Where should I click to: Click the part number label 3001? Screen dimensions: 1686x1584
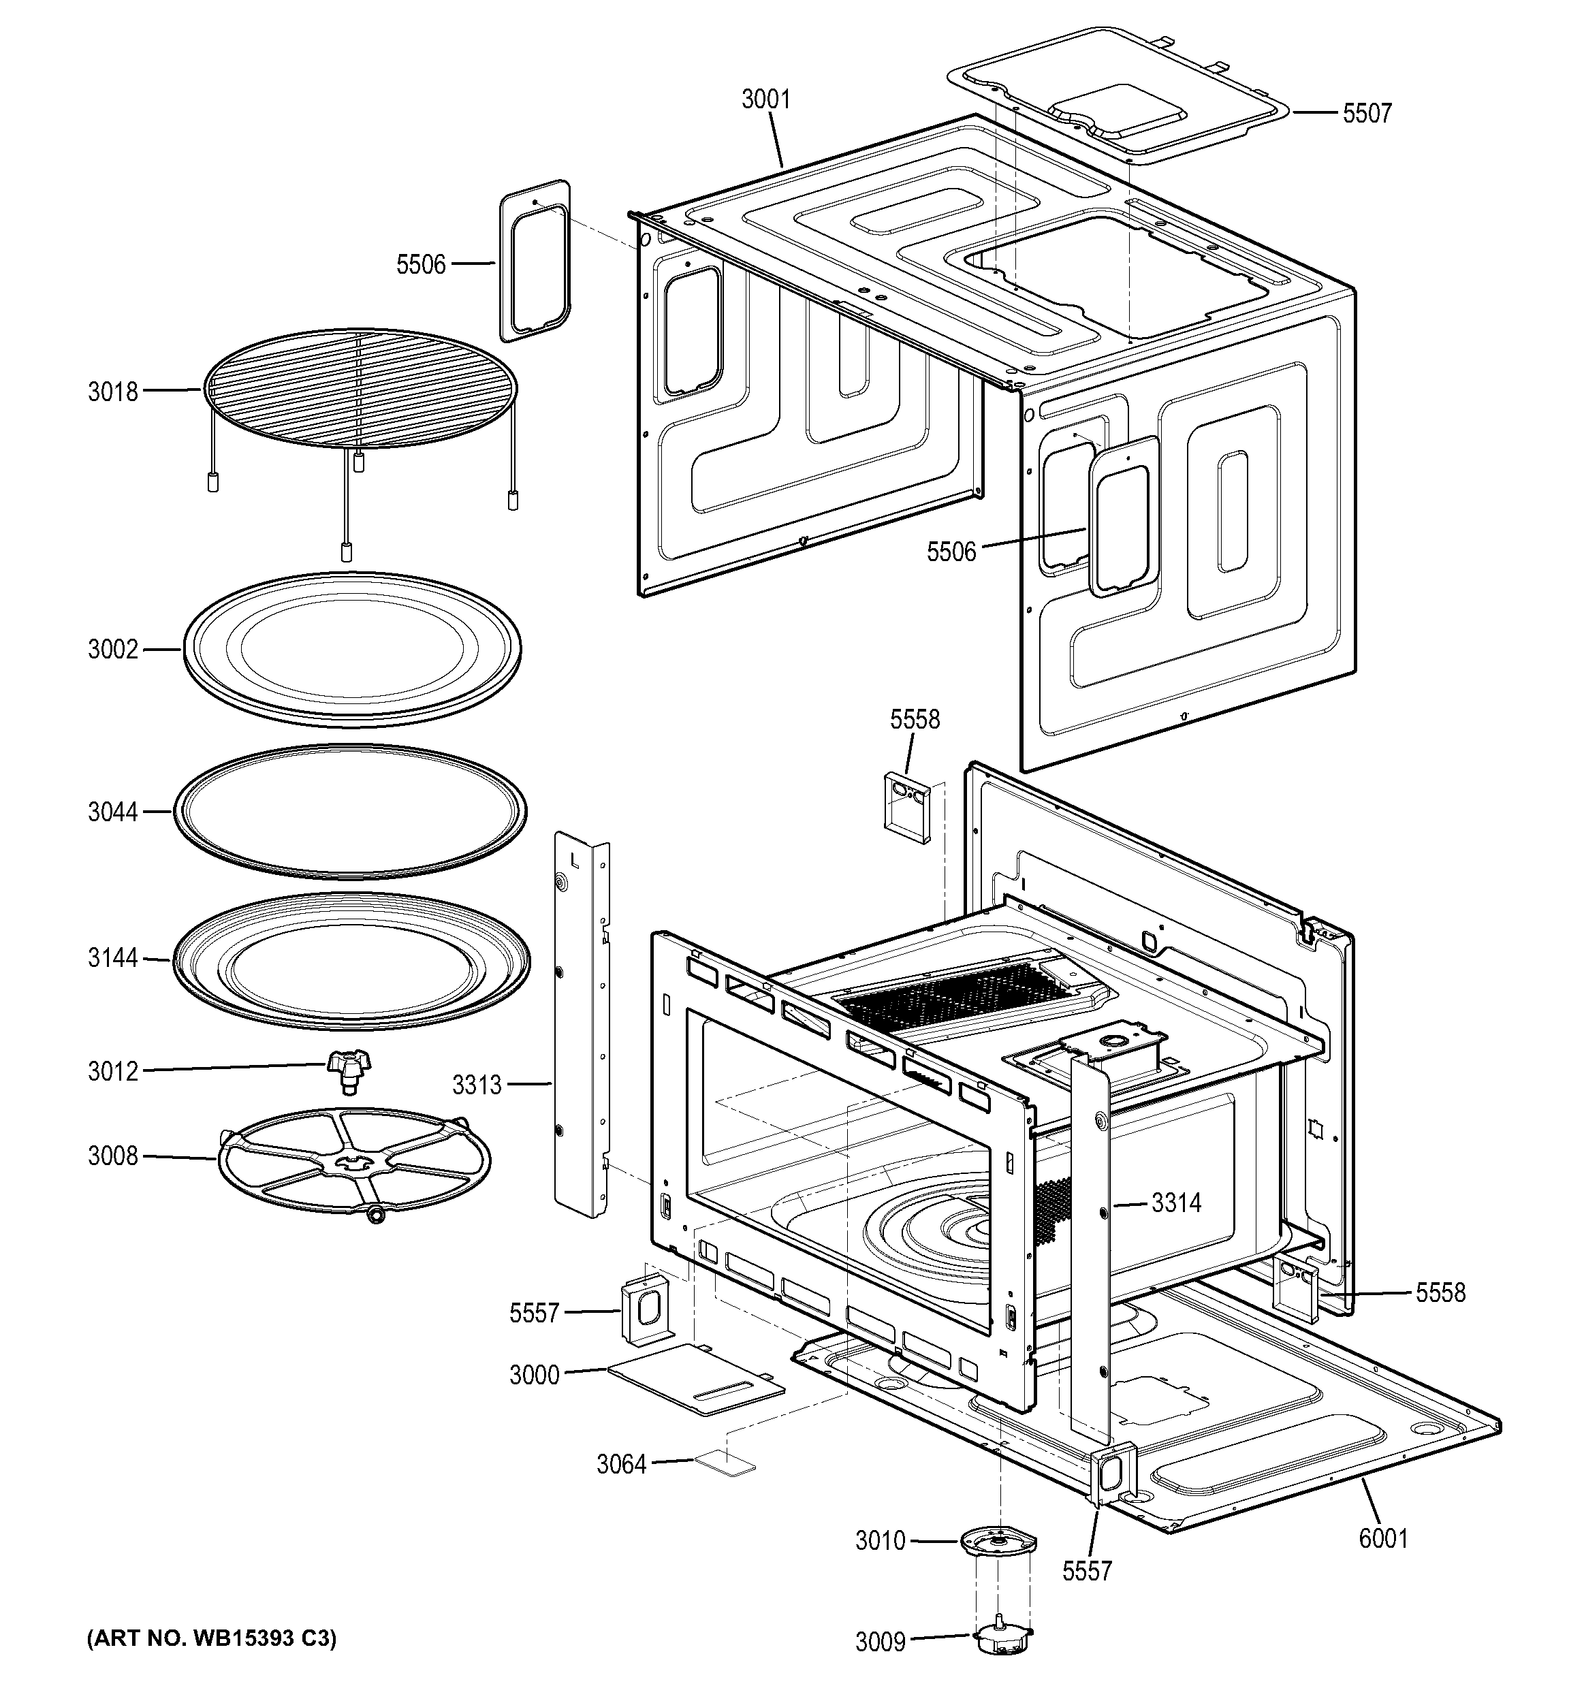[x=765, y=100]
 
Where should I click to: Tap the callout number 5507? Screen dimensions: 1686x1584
[x=1367, y=114]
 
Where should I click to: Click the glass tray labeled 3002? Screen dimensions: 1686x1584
[x=352, y=650]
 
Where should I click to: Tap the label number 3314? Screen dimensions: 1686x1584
[x=1175, y=1203]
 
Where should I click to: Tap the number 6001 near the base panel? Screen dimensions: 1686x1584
[x=1383, y=1538]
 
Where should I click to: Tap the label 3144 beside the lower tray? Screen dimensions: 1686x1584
[x=113, y=958]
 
